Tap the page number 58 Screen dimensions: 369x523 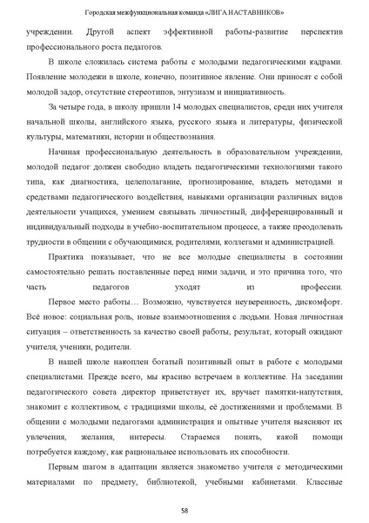click(184, 509)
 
